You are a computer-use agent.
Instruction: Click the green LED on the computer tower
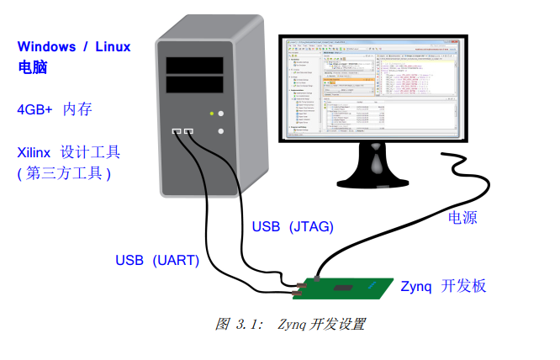pos(211,113)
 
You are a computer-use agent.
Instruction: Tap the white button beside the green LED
pos(220,113)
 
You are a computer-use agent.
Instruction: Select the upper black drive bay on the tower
pos(194,66)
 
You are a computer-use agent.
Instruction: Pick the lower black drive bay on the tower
pos(194,84)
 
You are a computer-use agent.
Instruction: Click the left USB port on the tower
pos(177,131)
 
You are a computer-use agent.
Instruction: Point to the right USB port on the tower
pos(189,131)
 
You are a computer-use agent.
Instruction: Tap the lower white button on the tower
pos(220,131)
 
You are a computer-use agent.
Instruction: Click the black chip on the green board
pos(342,289)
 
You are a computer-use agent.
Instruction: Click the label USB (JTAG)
pos(293,226)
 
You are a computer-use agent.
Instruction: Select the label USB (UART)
pos(157,260)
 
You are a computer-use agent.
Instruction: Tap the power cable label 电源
pos(462,218)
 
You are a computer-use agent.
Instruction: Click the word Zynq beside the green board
pos(416,286)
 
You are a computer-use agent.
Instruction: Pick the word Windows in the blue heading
pos(46,46)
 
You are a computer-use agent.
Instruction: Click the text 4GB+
pos(34,109)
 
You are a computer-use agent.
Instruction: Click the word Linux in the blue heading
pos(115,46)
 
